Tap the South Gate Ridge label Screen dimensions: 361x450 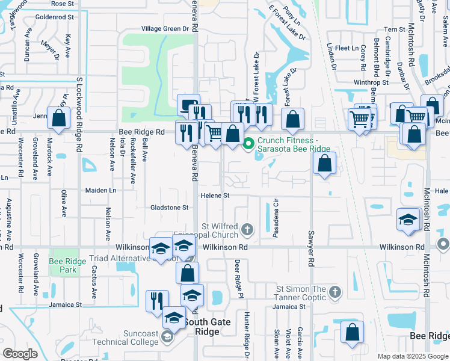201,327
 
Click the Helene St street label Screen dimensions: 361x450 215,196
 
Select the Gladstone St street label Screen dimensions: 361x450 169,208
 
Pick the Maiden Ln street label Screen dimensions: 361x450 100,190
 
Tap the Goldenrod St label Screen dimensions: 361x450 54,17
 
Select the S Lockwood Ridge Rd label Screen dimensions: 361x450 78,114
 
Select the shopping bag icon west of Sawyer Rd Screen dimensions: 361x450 324,163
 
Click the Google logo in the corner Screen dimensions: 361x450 20,354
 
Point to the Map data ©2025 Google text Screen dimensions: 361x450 413,356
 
